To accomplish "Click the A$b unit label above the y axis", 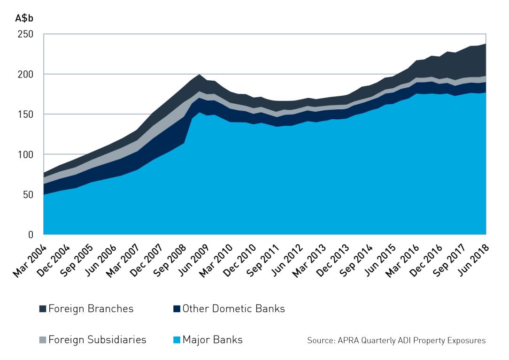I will (x=24, y=19).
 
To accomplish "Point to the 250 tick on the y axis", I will (x=25, y=34).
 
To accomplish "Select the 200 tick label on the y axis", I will (x=25, y=74).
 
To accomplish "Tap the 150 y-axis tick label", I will (x=25, y=114).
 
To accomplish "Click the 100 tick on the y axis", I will (x=25, y=154).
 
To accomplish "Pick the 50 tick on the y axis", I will (x=27, y=194).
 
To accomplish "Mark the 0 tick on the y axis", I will (x=30, y=234).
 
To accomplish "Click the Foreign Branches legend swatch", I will (x=42, y=309).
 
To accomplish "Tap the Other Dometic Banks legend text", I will (x=233, y=309).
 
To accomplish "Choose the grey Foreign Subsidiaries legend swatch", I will (x=42, y=339).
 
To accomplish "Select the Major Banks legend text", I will (x=212, y=339).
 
